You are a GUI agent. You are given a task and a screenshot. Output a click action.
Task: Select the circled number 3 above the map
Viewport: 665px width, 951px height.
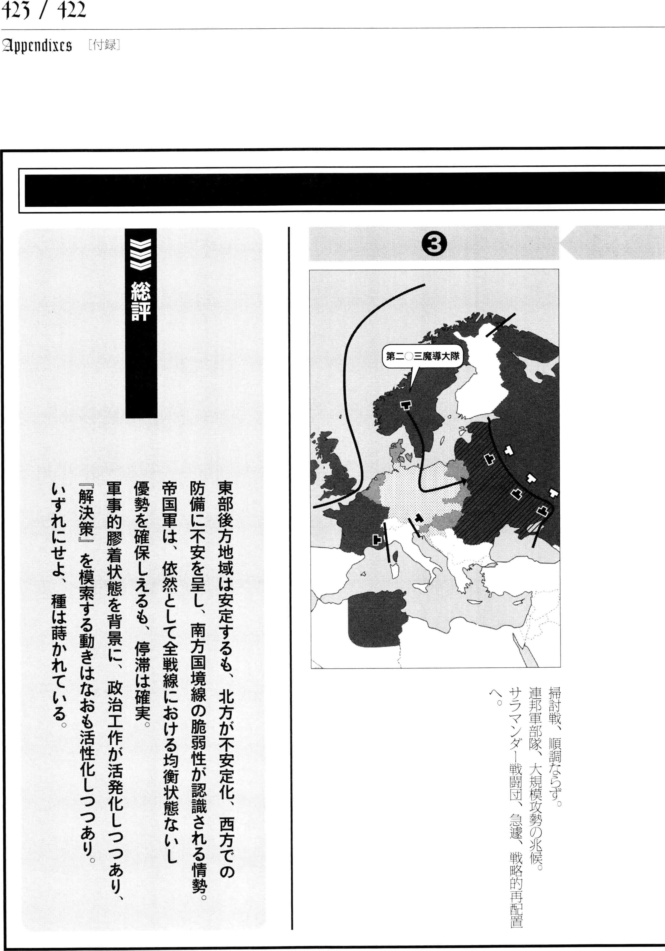tap(434, 244)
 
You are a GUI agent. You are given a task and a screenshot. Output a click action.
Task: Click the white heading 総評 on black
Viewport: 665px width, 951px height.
tap(141, 302)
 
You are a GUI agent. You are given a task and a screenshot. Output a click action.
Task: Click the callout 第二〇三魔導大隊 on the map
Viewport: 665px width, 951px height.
tap(422, 356)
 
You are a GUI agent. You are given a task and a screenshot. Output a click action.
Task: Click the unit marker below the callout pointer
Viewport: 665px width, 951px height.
tap(406, 405)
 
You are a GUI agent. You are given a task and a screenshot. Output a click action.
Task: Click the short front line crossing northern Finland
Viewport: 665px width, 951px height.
tap(500, 325)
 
